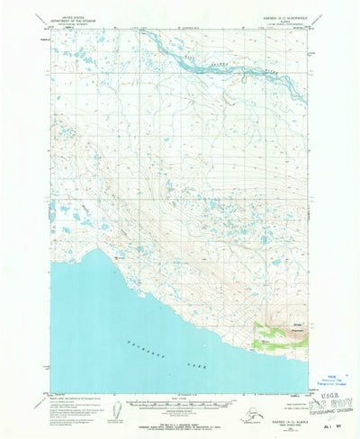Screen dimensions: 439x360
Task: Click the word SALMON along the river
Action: click(238, 62)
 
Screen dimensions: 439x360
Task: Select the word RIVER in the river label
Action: click(270, 68)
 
